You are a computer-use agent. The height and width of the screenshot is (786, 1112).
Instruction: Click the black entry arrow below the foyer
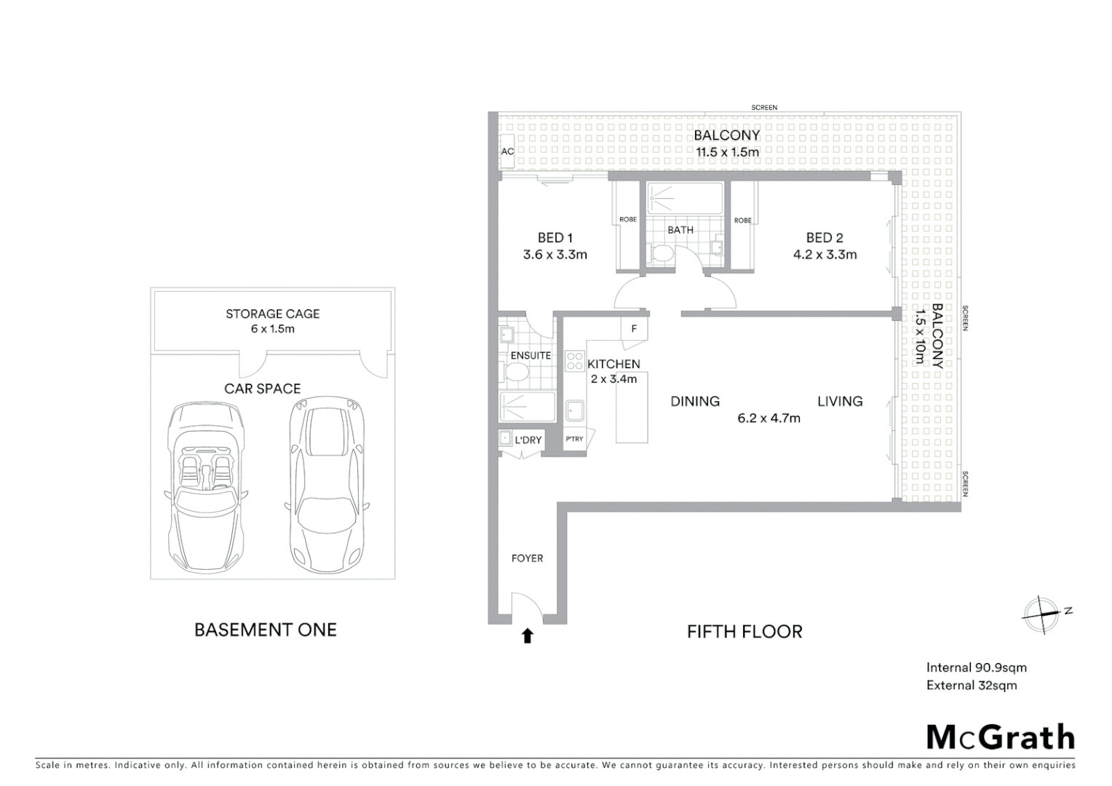pyautogui.click(x=528, y=636)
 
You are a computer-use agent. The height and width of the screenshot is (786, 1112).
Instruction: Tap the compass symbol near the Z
pyautogui.click(x=1041, y=614)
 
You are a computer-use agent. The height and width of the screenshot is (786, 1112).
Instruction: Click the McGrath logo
pyautogui.click(x=1000, y=737)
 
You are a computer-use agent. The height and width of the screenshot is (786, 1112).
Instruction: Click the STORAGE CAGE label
pyautogui.click(x=272, y=314)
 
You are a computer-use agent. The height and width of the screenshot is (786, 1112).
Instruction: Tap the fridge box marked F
pyautogui.click(x=634, y=329)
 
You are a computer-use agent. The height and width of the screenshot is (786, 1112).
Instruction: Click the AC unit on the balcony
pyautogui.click(x=507, y=151)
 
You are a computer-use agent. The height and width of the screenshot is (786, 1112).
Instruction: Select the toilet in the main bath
pyautogui.click(x=662, y=254)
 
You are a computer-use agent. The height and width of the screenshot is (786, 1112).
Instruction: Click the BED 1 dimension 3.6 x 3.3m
pyautogui.click(x=555, y=255)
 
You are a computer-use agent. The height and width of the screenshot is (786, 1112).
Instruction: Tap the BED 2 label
pyautogui.click(x=824, y=238)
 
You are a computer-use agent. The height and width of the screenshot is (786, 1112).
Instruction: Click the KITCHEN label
pyautogui.click(x=613, y=364)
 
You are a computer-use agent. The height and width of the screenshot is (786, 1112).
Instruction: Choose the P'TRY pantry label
pyautogui.click(x=574, y=439)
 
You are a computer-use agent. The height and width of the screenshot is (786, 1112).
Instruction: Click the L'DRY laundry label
pyautogui.click(x=528, y=440)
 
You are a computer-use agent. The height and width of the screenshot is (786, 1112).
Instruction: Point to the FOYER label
pyautogui.click(x=527, y=558)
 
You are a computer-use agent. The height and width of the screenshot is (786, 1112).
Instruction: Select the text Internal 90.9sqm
pyautogui.click(x=976, y=667)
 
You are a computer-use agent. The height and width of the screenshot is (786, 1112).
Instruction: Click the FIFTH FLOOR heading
pyautogui.click(x=744, y=631)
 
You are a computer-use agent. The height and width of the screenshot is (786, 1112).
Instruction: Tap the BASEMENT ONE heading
pyautogui.click(x=265, y=630)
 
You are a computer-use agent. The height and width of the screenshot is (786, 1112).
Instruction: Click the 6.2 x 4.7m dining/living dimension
pyautogui.click(x=769, y=418)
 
